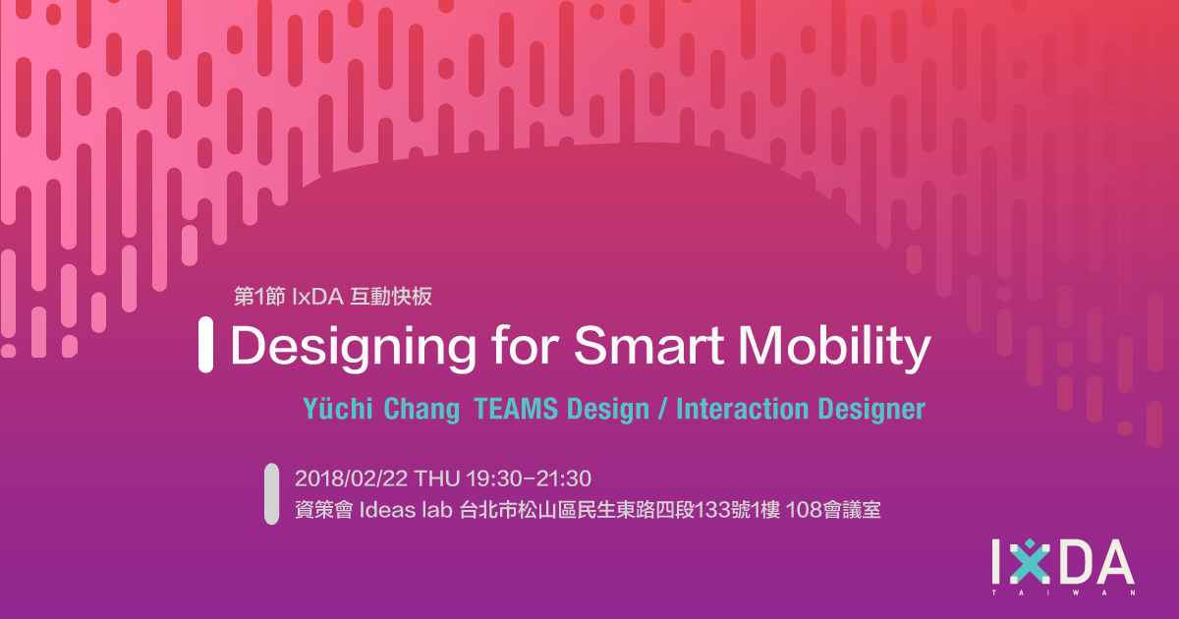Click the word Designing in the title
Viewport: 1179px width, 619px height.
353,348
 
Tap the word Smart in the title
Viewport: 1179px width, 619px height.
649,345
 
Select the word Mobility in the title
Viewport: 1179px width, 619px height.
834,348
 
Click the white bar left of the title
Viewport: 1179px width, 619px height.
205,345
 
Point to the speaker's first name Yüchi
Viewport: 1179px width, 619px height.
338,409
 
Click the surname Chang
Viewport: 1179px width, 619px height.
421,410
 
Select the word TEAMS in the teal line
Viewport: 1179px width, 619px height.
516,409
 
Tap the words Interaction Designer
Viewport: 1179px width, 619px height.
801,410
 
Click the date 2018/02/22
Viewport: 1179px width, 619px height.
351,478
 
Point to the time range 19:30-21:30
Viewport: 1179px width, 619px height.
529,478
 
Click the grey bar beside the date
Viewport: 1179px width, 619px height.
271,493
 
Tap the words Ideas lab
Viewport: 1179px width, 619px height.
406,510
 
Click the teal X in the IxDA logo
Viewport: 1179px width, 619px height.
1030,562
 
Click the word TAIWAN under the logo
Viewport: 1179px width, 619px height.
1063,592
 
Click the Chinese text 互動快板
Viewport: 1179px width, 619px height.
391,297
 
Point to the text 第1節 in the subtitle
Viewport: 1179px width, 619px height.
259,297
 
